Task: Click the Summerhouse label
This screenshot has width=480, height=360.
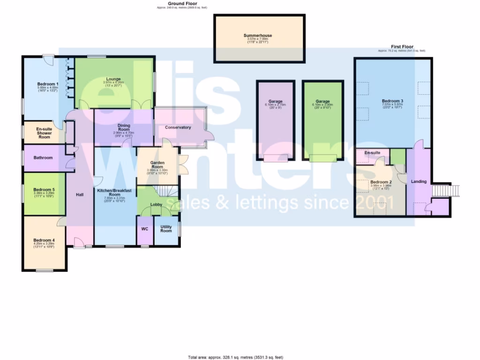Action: click(257, 36)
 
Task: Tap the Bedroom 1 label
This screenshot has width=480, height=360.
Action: click(48, 84)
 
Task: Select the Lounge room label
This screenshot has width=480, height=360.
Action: click(113, 79)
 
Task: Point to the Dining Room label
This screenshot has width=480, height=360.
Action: click(124, 125)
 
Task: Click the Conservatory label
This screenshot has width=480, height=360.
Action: click(178, 127)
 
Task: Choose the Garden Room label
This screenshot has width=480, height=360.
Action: click(157, 164)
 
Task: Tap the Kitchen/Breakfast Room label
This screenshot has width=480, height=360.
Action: click(115, 192)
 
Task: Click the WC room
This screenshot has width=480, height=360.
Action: click(145, 230)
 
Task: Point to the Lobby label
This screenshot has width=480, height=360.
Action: click(156, 205)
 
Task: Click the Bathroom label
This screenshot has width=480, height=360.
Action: click(43, 158)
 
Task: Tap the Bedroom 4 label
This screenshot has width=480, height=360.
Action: click(44, 240)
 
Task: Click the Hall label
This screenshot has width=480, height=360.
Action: click(80, 194)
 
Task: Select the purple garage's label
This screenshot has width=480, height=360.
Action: click(275, 101)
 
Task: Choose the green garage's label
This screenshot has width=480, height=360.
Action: click(322, 101)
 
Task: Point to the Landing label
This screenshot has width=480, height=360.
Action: click(419, 181)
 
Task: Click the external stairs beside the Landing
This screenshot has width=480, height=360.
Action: click(441, 190)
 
